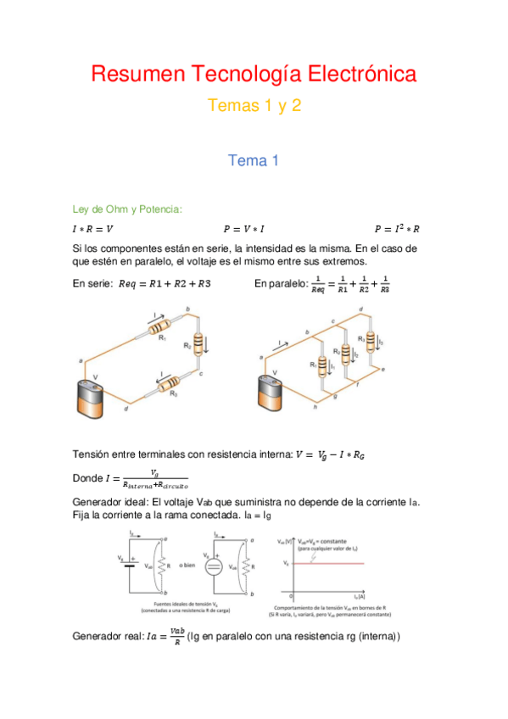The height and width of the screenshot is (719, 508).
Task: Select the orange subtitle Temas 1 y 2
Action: click(x=254, y=107)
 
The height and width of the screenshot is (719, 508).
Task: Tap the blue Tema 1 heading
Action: click(x=254, y=159)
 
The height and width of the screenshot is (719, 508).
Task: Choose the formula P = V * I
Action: click(x=244, y=229)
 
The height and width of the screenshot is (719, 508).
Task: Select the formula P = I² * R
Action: click(x=397, y=228)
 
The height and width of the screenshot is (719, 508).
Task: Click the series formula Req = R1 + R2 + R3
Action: click(x=165, y=283)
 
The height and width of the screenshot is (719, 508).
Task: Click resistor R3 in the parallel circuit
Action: click(x=366, y=343)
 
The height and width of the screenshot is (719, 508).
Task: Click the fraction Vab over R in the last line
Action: click(x=176, y=636)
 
